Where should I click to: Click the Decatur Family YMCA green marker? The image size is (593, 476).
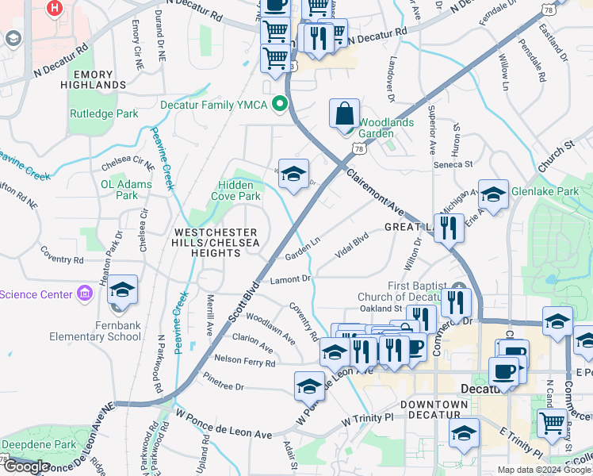coord(279,104)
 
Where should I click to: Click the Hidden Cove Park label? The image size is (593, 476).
coord(239,190)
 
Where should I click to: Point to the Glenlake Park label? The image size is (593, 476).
coord(545,191)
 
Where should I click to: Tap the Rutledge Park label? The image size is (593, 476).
coord(104,113)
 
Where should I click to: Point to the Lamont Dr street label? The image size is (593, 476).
coord(290,278)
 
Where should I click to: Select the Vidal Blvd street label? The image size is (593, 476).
coord(353,243)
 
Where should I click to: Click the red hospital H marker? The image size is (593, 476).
coord(55,9)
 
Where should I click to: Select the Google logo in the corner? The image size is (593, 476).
coord(26,466)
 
